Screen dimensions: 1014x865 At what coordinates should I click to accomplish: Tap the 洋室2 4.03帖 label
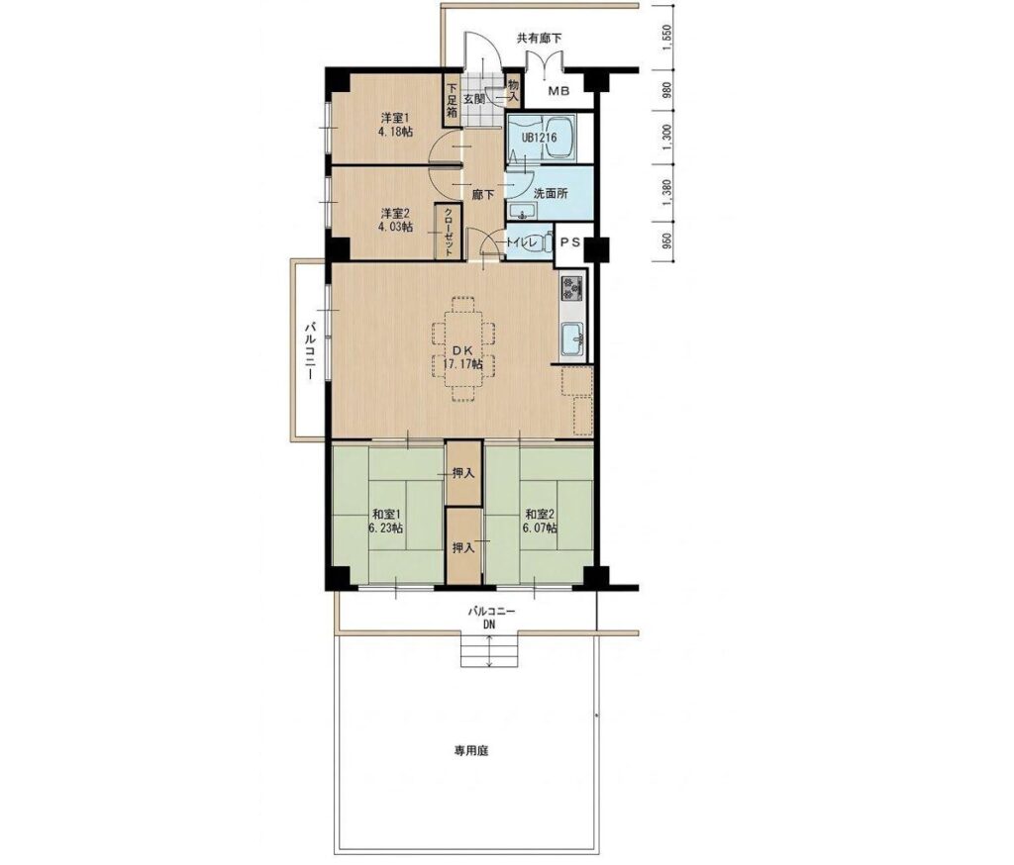[x=395, y=220]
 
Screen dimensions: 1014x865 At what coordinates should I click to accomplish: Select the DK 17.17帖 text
[x=462, y=357]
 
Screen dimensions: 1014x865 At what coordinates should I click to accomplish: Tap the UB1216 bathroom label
[x=540, y=138]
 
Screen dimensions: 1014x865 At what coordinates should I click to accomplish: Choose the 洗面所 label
[x=550, y=193]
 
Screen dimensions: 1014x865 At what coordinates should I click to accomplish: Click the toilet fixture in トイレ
[x=545, y=242]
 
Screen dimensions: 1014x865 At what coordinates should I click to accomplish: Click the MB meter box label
[x=558, y=91]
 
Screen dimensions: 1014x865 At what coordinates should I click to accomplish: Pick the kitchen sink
[x=573, y=338]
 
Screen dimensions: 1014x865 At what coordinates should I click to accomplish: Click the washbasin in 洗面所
[x=521, y=211]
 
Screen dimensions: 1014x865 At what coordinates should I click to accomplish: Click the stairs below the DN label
[x=489, y=651]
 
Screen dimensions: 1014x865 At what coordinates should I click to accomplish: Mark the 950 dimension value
[x=668, y=241]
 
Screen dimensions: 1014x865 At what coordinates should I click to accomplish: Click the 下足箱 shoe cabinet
[x=452, y=101]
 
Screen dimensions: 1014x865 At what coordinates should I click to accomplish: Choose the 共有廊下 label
[x=539, y=39]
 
